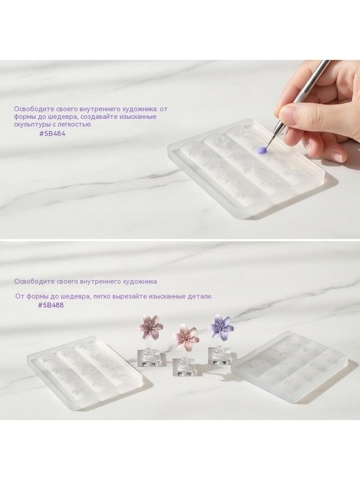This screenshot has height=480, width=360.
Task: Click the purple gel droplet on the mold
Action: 261,150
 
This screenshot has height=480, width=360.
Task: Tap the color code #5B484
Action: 52,133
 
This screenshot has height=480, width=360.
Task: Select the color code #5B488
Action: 51,305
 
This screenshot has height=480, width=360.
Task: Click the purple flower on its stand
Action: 221,326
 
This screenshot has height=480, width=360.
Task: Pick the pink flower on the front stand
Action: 186,335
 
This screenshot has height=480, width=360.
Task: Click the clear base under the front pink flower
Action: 184,367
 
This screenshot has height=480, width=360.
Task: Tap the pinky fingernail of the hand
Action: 340,157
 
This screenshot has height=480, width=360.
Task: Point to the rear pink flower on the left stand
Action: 150,326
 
